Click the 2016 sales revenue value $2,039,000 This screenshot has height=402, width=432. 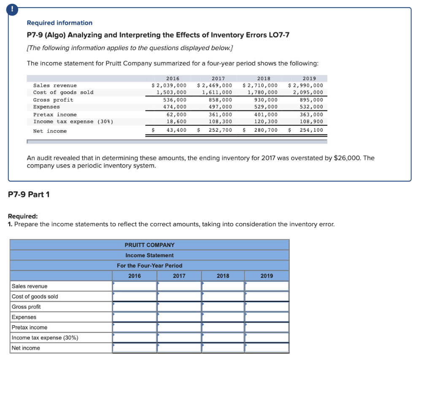169,85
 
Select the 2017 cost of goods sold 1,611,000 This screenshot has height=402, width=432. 217,92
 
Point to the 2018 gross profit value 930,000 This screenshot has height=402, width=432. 266,100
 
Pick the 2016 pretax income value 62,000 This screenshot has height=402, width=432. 176,114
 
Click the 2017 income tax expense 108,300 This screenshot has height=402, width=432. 220,122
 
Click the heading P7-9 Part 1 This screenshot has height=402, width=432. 29,194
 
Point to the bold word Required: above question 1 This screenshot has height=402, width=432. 23,216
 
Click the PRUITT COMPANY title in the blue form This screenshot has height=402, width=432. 149,245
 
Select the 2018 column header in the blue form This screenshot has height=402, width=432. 223,276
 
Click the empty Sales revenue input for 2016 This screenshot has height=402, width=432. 135,286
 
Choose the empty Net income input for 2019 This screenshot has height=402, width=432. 267,348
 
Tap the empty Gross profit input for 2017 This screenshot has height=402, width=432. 179,307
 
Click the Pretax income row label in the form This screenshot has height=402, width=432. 30,327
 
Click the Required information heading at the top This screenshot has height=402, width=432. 59,23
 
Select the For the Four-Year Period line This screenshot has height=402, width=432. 149,266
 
